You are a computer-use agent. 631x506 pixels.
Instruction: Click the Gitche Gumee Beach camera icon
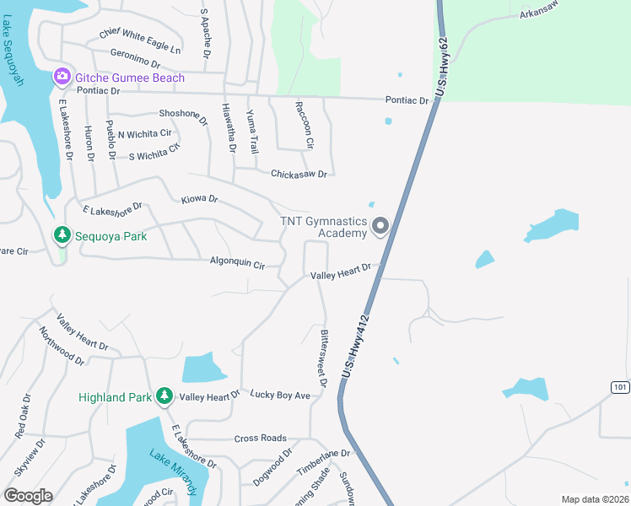point(62,78)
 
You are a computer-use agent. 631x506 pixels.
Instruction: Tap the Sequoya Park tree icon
point(62,235)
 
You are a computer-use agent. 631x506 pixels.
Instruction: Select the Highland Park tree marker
point(164,396)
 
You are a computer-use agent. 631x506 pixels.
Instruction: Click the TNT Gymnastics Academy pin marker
point(380,225)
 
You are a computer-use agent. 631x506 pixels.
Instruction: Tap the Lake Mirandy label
point(175,472)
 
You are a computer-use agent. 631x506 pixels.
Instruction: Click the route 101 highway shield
point(621,386)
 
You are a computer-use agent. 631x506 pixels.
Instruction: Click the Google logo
point(28,496)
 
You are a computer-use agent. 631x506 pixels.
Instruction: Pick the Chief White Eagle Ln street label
point(140,40)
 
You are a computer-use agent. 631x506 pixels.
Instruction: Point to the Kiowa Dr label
point(200,200)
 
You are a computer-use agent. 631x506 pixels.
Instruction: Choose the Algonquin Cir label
point(237,263)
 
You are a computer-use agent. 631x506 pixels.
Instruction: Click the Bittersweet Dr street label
point(323,358)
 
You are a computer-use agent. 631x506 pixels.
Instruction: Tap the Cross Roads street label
point(260,439)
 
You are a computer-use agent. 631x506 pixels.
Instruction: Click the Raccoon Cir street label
point(304,126)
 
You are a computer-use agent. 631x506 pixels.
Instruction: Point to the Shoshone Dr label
point(183,116)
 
